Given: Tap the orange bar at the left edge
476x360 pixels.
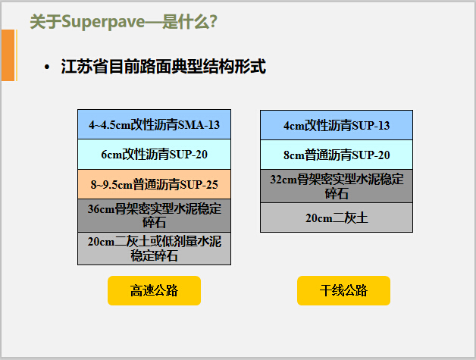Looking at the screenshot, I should (8, 55).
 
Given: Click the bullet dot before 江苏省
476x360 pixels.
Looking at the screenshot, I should (48, 67).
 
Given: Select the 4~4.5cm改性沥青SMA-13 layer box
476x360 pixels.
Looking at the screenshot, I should (154, 124).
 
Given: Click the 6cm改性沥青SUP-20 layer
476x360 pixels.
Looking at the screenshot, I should (154, 155).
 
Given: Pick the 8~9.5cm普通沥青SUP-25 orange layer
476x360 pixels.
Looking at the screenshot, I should (154, 184).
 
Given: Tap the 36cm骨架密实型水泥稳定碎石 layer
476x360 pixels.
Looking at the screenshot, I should (154, 215).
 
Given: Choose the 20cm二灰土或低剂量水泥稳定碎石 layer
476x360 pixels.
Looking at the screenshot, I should (154, 249).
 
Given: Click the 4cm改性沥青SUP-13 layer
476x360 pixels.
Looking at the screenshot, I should (337, 126).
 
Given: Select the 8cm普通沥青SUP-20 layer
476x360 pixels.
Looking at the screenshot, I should (337, 155).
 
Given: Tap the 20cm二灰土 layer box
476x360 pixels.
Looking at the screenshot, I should (337, 218).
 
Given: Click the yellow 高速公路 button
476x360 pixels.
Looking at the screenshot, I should (154, 290).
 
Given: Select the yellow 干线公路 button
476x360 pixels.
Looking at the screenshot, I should (343, 290).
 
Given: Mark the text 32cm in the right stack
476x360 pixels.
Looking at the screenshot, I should (283, 180).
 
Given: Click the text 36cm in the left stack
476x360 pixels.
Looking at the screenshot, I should (101, 208).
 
